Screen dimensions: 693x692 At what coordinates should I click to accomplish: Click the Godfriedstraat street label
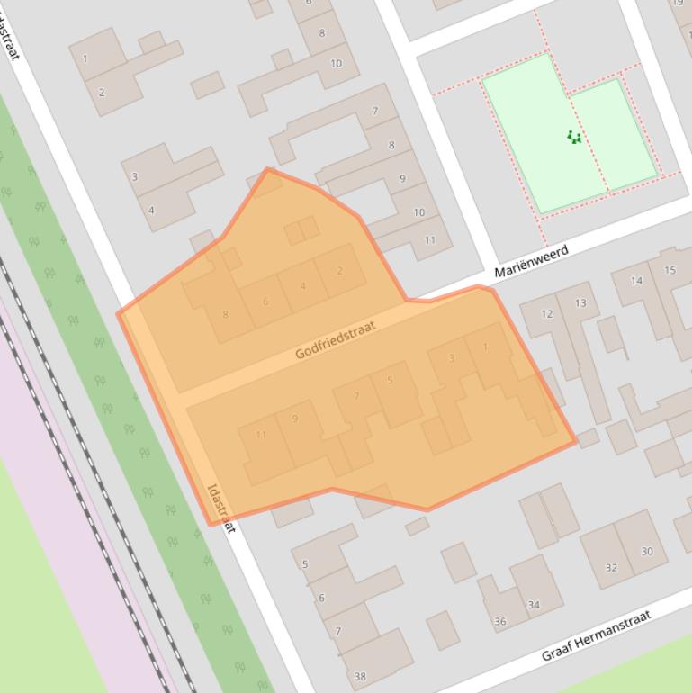tap(334, 340)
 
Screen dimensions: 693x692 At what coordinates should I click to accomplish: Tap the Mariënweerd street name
tap(531, 261)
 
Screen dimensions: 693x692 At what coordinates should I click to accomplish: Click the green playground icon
tap(574, 138)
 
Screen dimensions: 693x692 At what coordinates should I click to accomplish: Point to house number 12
tap(547, 314)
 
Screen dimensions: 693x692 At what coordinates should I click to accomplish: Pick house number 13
tap(580, 303)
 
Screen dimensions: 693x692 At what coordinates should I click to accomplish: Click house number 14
tap(636, 281)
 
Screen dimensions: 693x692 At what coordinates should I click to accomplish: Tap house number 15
tap(670, 270)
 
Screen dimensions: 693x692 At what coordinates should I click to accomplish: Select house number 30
tap(647, 552)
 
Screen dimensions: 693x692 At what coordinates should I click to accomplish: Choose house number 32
tap(611, 568)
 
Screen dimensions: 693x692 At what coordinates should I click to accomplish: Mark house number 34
tap(534, 605)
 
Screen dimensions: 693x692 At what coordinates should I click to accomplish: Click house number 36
tap(500, 621)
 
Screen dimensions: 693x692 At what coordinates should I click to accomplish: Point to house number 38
tap(360, 677)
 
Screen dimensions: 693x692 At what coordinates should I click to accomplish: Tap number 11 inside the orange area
tap(261, 435)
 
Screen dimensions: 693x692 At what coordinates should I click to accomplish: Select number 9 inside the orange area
tap(294, 418)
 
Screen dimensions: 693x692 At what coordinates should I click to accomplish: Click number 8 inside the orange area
tap(225, 314)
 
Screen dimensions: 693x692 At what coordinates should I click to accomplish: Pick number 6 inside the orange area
tap(265, 301)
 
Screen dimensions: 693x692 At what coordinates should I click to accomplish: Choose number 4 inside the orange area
tap(303, 286)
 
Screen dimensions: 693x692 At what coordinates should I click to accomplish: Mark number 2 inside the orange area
tap(339, 271)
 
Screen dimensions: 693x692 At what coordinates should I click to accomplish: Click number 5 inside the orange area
tap(390, 381)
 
